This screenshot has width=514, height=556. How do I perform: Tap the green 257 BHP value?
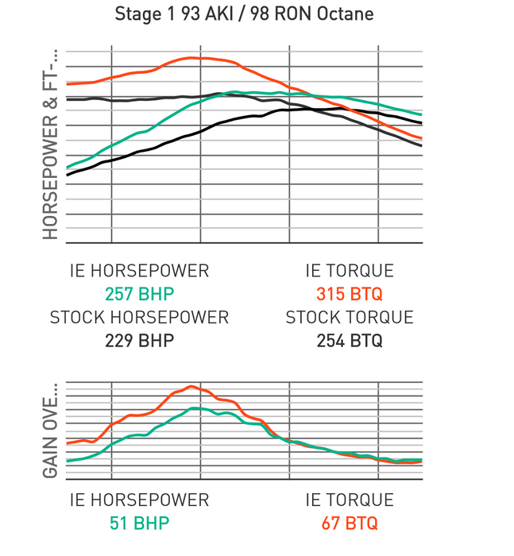139,294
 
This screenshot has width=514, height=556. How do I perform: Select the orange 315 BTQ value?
350,294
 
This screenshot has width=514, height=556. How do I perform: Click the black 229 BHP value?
139,341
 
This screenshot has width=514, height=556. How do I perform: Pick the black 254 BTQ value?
350,341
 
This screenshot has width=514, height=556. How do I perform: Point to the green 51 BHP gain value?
139,523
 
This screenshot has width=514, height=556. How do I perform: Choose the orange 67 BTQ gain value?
350,523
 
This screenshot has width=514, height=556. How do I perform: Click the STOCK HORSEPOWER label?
139,318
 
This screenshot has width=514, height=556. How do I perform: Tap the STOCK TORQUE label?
350,318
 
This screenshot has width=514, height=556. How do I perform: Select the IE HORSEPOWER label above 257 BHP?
139,272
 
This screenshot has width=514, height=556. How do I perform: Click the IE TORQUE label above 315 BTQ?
350,272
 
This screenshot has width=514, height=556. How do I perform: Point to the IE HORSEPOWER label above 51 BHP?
139,500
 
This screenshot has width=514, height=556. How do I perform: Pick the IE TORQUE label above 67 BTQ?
350,500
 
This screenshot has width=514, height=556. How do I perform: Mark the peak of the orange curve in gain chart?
191,386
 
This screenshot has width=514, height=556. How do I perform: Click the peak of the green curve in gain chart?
194,407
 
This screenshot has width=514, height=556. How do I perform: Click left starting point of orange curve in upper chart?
68,83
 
